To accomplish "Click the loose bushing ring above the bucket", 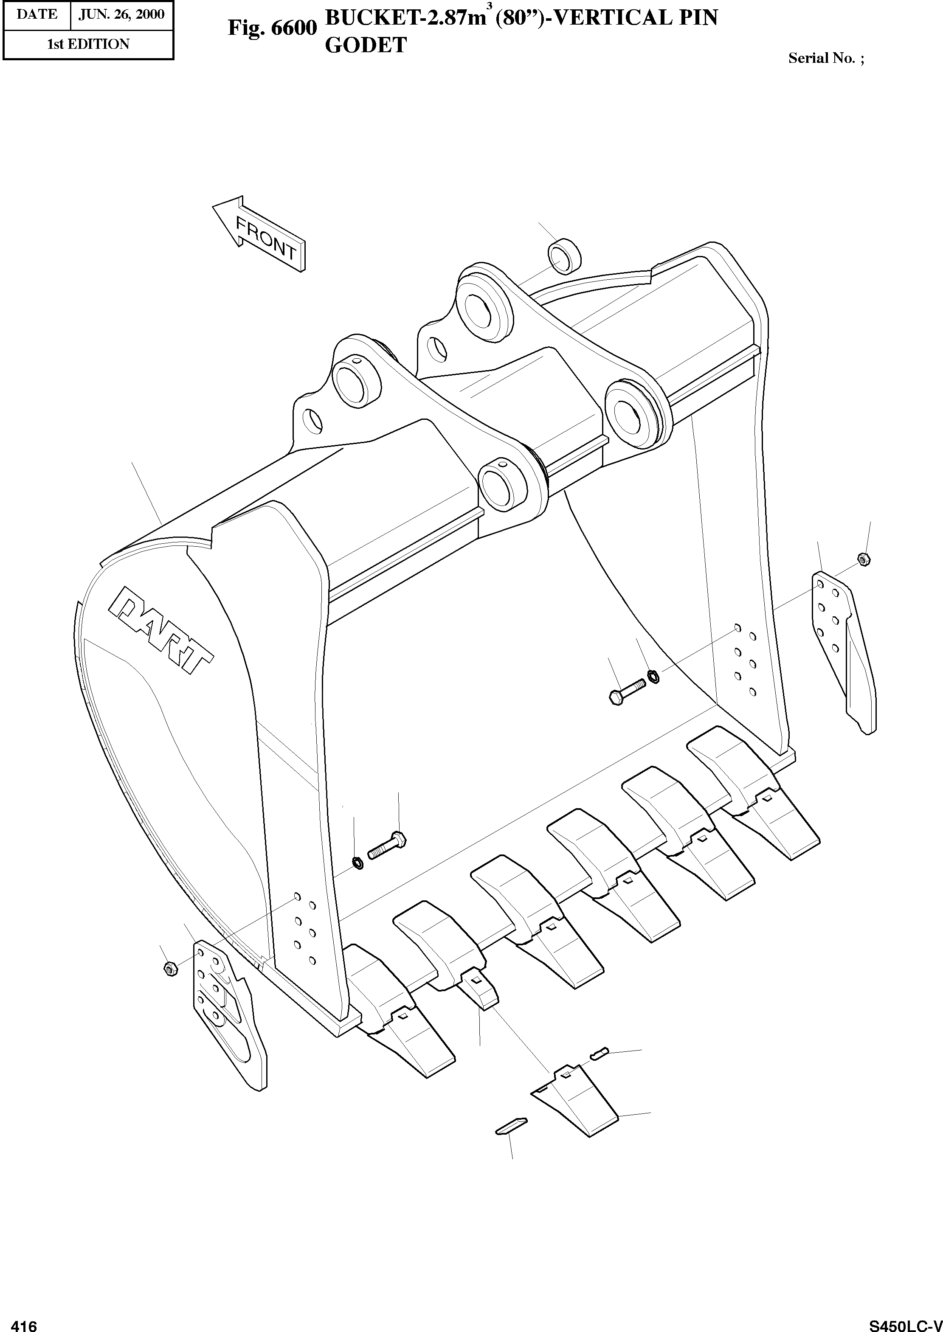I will (564, 256).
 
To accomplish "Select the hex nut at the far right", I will (864, 559).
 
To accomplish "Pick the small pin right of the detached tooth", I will (599, 1052).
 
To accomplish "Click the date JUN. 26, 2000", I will (121, 14).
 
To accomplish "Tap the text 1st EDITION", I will (88, 44).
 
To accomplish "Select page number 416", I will (23, 1323).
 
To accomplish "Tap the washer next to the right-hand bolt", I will (652, 676).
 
